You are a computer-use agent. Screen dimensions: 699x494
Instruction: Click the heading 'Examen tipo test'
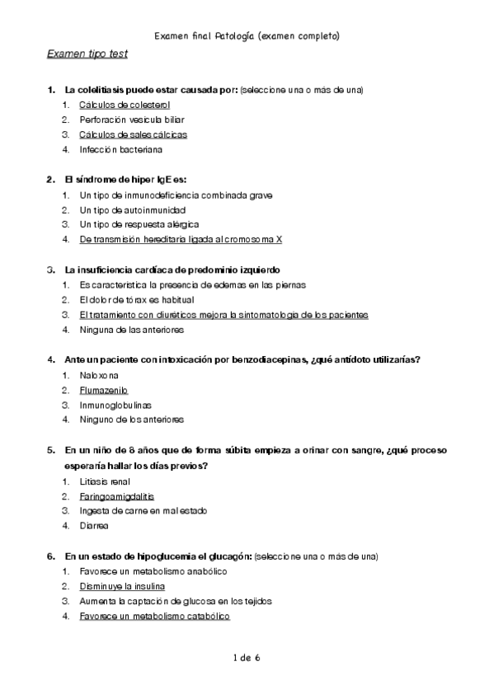click(x=87, y=54)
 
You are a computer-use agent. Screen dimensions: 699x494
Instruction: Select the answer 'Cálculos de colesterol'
click(x=125, y=105)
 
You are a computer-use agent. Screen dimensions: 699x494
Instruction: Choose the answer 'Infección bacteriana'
click(x=121, y=149)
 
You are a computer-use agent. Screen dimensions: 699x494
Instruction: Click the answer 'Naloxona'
click(x=99, y=375)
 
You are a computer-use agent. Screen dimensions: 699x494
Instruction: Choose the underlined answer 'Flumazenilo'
click(x=104, y=390)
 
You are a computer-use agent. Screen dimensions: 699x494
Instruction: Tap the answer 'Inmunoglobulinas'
click(x=115, y=405)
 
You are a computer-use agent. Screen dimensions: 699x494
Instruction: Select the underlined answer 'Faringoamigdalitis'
click(x=117, y=496)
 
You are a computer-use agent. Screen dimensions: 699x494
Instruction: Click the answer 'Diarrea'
click(x=94, y=526)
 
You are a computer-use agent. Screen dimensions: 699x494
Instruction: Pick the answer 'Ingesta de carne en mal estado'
click(x=143, y=511)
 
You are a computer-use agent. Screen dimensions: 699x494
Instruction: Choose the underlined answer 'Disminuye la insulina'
click(x=122, y=586)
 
